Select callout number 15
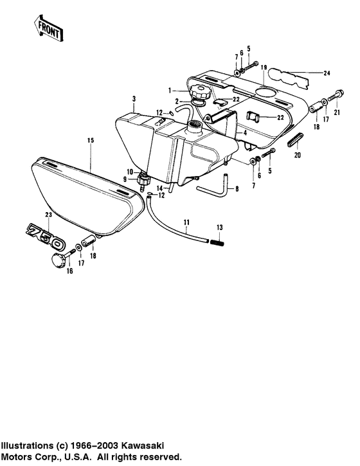(90, 140)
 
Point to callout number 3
(133, 98)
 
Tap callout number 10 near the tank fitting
(129, 172)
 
